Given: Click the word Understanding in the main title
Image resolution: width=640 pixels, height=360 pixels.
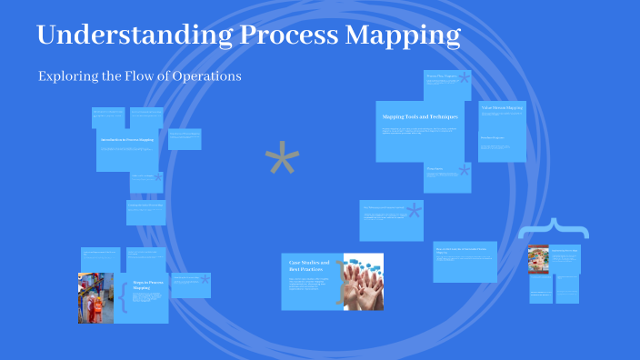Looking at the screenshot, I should [x=132, y=35].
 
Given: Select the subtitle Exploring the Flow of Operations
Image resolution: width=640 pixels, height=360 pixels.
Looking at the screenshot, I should [x=139, y=76].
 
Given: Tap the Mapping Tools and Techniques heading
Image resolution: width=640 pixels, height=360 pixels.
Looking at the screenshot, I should [x=420, y=117].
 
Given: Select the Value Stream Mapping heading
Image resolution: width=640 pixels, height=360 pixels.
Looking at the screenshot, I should [x=501, y=108].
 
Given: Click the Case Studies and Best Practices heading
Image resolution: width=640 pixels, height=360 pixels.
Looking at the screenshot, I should [x=309, y=265].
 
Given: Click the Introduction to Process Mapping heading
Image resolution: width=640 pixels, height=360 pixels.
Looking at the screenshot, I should [x=126, y=141].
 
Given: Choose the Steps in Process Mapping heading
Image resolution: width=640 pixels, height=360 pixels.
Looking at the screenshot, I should [x=146, y=285].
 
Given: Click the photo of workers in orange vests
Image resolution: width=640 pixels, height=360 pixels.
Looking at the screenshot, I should [x=95, y=296].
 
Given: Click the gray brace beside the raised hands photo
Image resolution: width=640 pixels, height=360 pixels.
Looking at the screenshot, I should [x=341, y=282].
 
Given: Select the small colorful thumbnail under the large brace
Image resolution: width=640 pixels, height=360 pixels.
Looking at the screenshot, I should [x=538, y=259].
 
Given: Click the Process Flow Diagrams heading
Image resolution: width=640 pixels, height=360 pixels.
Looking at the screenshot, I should [x=442, y=76].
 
